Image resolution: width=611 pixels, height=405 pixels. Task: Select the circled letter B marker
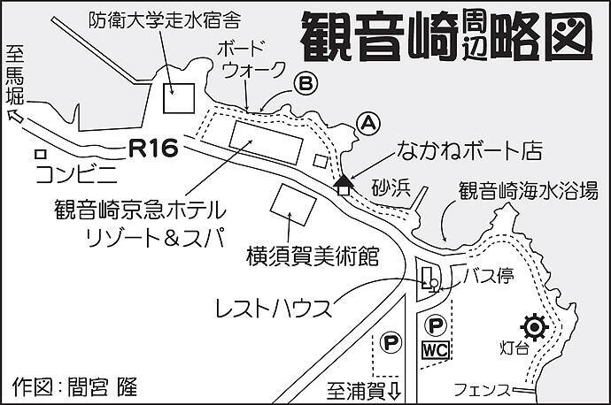coord(304,84)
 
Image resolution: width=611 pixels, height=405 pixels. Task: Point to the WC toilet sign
coord(436,349)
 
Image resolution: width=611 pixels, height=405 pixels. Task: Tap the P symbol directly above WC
coord(434,325)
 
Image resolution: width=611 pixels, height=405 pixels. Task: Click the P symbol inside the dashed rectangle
coord(390,340)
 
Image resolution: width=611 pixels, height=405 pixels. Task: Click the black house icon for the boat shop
coord(344,184)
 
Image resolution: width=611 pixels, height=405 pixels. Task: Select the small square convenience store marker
coord(39,154)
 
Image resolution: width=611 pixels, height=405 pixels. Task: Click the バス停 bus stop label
coord(492,276)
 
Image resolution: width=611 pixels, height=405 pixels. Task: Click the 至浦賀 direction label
coord(364,388)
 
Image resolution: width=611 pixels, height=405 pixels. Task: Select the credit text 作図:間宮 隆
coord(76,386)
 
